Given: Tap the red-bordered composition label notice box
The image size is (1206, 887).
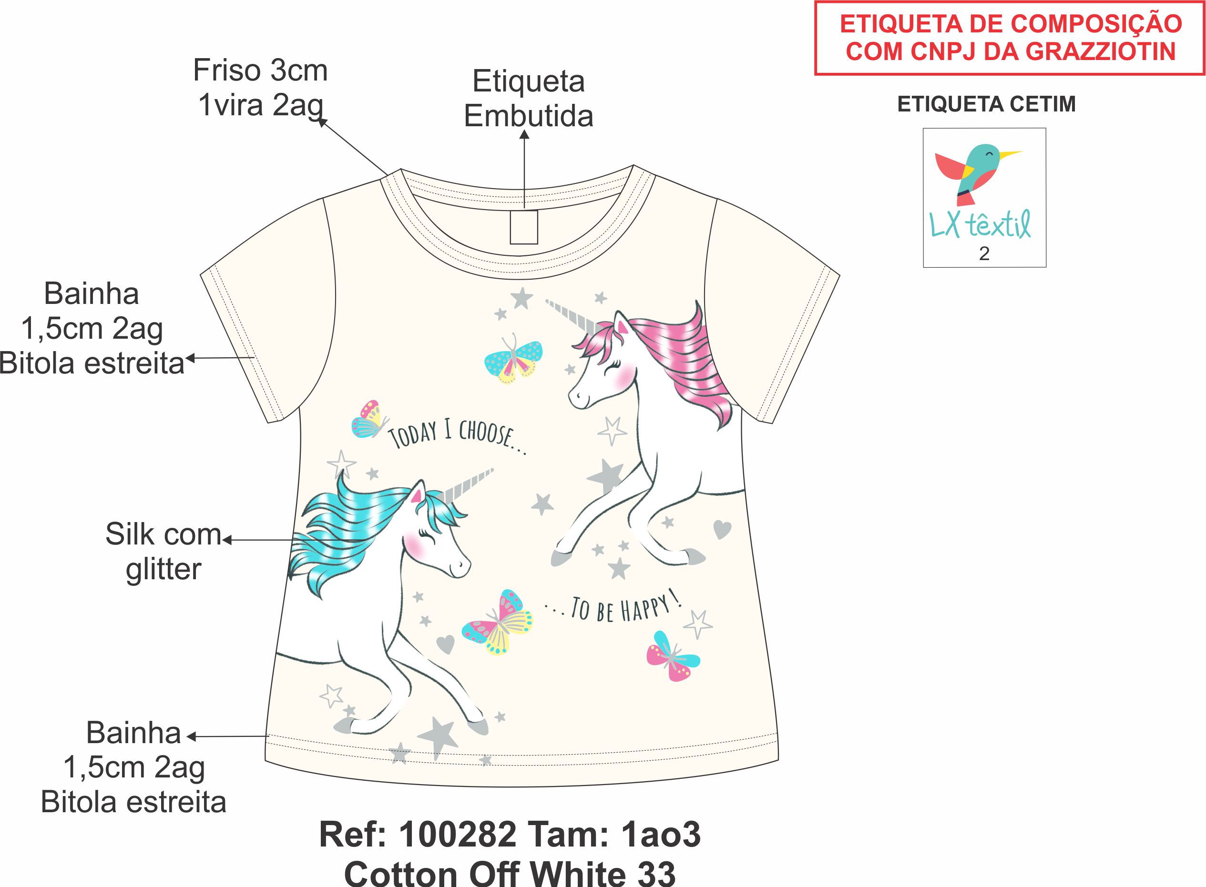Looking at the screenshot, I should click(1010, 38).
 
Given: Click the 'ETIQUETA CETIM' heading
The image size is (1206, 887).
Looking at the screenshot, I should click(986, 104).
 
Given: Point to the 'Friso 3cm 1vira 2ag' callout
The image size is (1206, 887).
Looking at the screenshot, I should click(261, 88).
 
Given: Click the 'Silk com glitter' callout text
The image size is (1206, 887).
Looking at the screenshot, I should click(164, 552).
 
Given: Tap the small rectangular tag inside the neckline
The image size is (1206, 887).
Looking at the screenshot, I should click(524, 227).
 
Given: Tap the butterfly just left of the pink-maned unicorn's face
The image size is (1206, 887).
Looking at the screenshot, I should click(513, 359).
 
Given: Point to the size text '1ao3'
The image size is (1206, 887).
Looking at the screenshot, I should click(661, 835).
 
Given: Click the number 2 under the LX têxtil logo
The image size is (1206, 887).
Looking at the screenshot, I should click(984, 253).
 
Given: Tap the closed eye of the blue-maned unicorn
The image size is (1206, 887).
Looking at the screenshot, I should click(430, 535).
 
